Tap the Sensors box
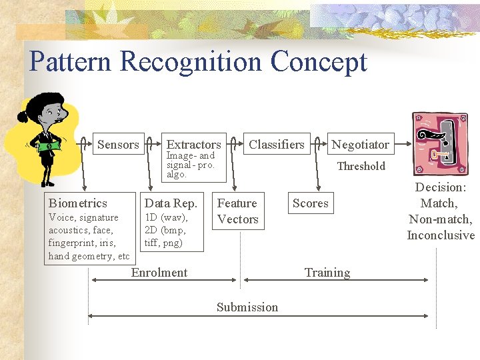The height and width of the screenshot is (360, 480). click(118, 144)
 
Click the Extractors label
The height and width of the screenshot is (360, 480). click(193, 144)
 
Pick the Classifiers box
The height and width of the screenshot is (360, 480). click(276, 144)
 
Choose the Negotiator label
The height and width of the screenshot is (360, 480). click(360, 144)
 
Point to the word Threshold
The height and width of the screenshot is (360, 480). click(361, 166)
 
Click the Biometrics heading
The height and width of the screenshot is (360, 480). click(77, 203)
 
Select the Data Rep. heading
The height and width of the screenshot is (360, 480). click(171, 203)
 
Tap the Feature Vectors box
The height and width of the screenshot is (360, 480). click(237, 211)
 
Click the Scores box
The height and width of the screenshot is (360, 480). click(310, 203)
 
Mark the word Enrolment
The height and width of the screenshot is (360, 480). click(159, 272)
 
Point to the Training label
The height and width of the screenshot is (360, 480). click(327, 272)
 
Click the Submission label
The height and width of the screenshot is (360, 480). click(247, 307)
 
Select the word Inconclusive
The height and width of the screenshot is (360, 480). click(441, 235)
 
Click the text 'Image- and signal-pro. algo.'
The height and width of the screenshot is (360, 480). click(191, 165)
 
